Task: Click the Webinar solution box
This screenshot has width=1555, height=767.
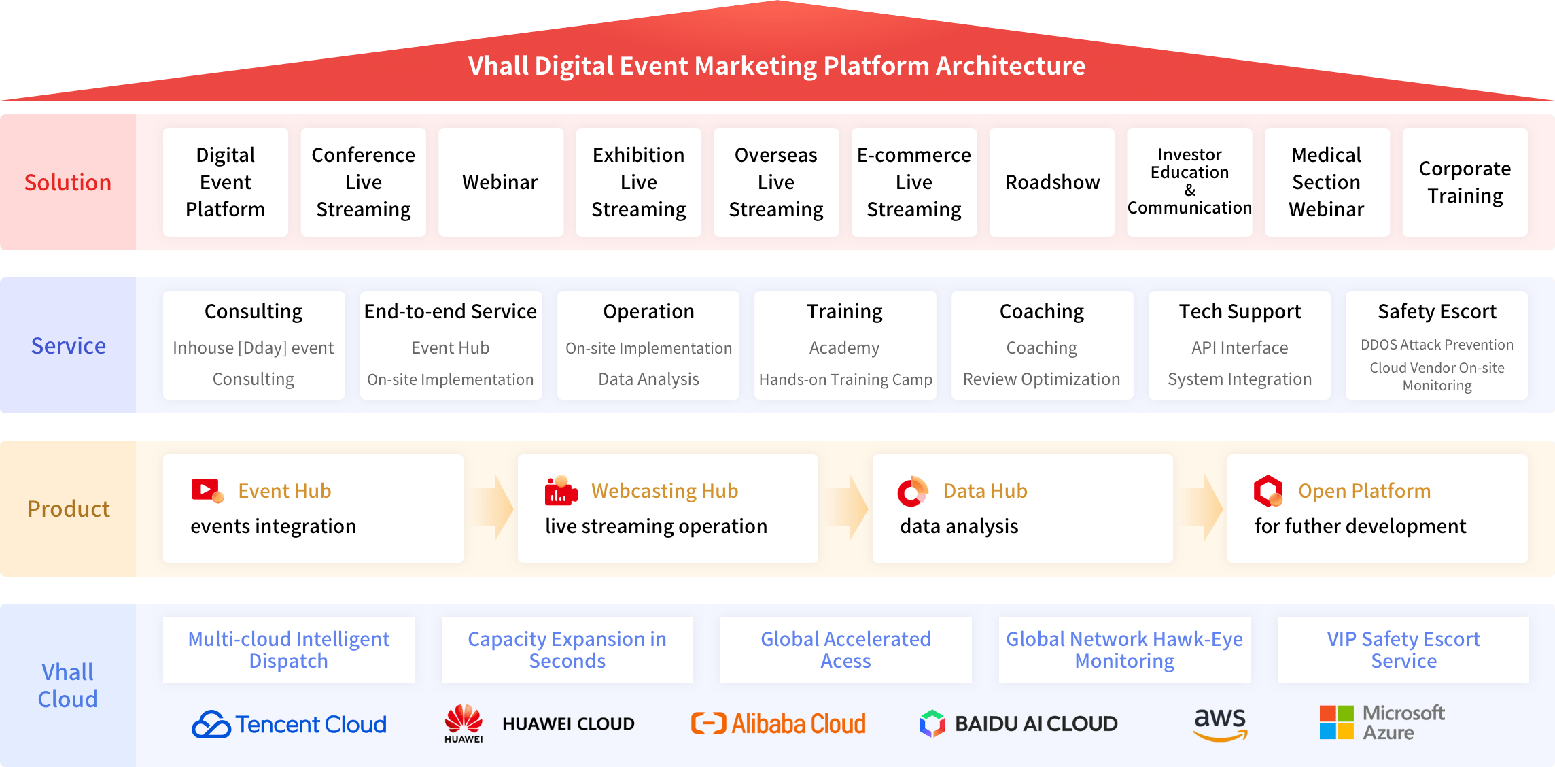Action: (x=501, y=182)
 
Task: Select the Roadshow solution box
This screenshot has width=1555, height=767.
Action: (x=1052, y=182)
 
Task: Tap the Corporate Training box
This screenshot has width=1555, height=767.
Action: (x=1465, y=182)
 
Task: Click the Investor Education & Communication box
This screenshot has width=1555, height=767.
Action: (x=1189, y=182)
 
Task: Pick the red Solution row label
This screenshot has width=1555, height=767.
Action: (x=68, y=182)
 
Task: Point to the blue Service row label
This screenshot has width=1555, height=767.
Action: (x=69, y=345)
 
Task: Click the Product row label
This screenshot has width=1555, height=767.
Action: (x=69, y=509)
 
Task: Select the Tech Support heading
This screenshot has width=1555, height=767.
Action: (x=1240, y=311)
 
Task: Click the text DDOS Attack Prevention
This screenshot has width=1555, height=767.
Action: (x=1437, y=345)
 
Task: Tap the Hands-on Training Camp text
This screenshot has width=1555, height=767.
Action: (x=845, y=379)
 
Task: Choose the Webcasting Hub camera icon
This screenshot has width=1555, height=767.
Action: (x=561, y=491)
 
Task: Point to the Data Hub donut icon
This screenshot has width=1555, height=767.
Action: (x=913, y=492)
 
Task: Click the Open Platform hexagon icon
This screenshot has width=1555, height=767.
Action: (x=1268, y=491)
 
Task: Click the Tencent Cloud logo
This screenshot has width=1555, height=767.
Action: (x=289, y=724)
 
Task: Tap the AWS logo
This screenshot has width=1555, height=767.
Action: (x=1221, y=724)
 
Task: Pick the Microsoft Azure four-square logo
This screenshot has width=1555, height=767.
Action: (x=1337, y=722)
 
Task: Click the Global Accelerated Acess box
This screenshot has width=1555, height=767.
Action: (x=846, y=650)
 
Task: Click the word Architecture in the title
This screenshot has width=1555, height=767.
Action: (x=1011, y=66)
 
